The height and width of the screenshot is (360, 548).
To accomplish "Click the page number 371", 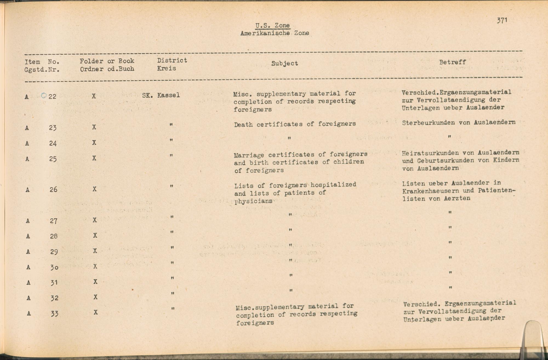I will pos(502,20).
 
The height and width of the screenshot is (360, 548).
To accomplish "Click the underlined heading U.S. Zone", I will pos(272,25).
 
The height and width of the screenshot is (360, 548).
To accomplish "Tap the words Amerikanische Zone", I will pos(275,33).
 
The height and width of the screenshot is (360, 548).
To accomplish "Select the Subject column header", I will pos(284,63).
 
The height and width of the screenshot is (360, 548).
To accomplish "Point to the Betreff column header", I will pos(452,62).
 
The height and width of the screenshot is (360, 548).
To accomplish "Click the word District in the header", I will pos(172,60).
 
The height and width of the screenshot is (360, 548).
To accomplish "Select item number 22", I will pos(52,96).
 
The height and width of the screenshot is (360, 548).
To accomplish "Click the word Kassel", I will pos(169,95).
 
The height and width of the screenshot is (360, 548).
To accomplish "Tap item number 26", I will pos(53,189).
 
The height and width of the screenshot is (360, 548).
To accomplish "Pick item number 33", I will pos(55,313).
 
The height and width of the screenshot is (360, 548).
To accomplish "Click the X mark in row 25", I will pos(94,158).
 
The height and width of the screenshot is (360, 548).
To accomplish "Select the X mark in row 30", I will pos(95,266).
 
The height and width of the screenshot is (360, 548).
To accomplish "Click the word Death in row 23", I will pos(243,125).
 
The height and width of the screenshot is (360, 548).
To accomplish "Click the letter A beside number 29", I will pos(28,252).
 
